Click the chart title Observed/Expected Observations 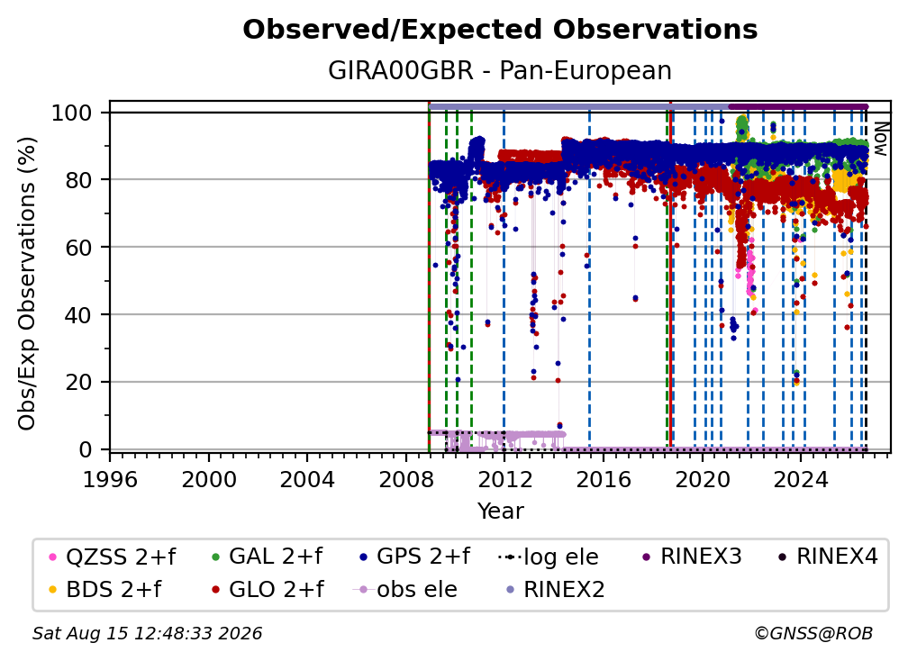tap(500, 30)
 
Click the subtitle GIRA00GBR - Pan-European tap(500, 71)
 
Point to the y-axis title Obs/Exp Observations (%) tap(27, 284)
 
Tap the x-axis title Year tap(500, 512)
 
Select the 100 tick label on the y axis tap(72, 113)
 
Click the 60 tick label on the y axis tap(78, 248)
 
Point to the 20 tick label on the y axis tap(78, 383)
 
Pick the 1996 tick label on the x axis tap(110, 480)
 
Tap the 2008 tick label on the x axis tap(406, 480)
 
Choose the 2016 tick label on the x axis tap(604, 480)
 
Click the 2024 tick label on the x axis tap(801, 480)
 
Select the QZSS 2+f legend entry tap(113, 557)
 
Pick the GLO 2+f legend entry tap(268, 590)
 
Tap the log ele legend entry tap(548, 557)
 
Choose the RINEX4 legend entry tap(828, 557)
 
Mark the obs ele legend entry tap(404, 590)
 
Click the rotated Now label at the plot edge tap(880, 139)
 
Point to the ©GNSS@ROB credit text tap(813, 634)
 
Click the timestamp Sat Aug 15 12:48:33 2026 tap(147, 634)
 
